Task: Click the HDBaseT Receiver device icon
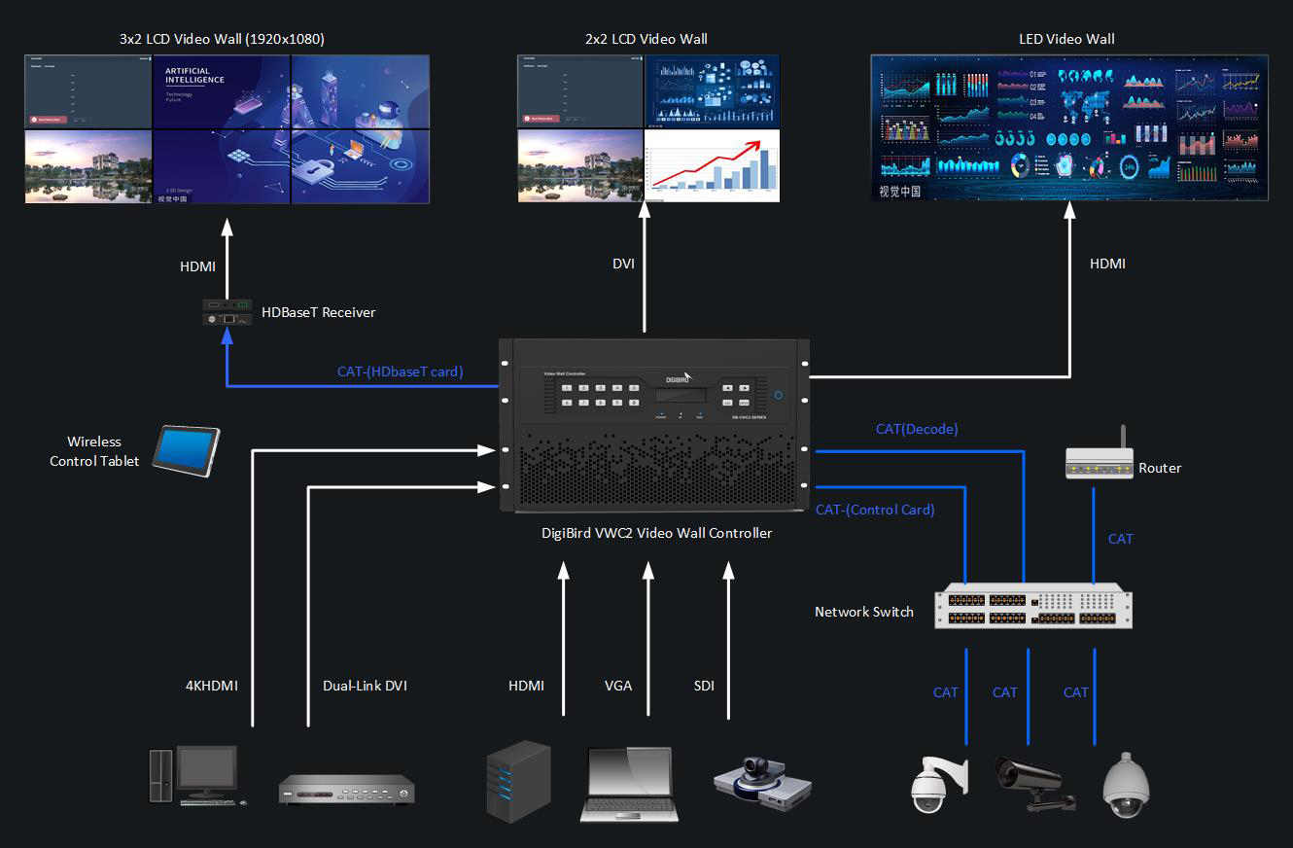227,311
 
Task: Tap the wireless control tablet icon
188,450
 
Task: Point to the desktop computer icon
194,775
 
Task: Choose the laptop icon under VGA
628,784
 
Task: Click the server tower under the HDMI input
517,780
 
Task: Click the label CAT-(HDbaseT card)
400,371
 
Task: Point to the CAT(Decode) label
916,429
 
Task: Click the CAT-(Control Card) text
875,510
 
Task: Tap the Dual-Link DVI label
365,686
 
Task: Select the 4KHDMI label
211,686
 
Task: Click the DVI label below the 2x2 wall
623,264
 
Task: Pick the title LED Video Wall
1066,39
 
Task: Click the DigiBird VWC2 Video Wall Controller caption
656,533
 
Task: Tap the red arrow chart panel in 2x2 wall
713,165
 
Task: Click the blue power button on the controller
778,395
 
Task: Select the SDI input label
704,686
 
